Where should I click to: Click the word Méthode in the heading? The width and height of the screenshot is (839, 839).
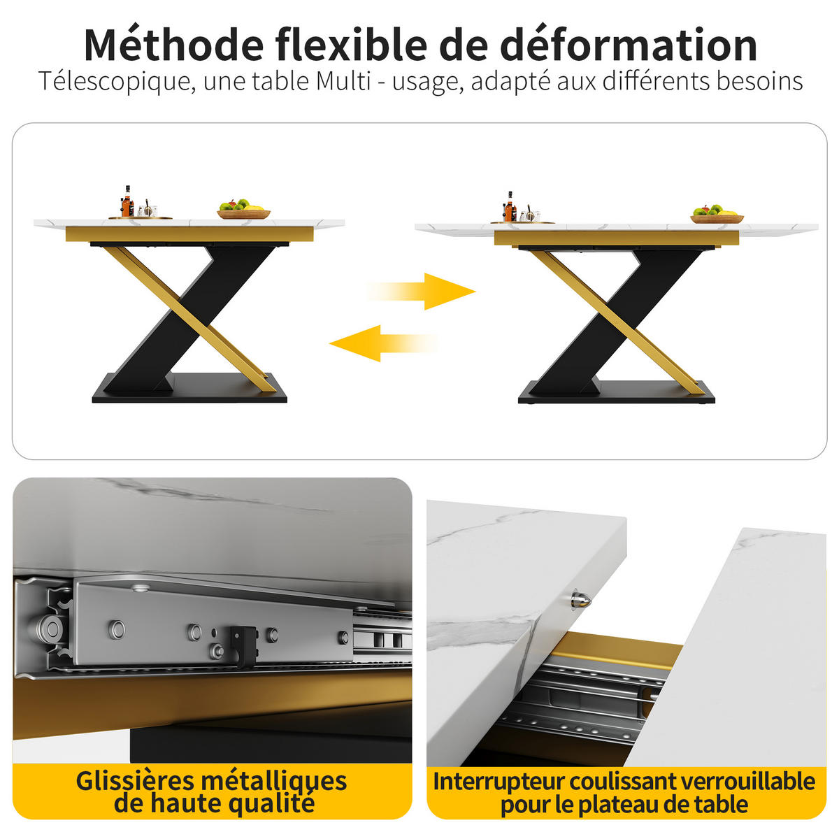[x=173, y=45]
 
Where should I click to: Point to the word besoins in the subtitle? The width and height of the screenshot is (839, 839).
[x=759, y=81]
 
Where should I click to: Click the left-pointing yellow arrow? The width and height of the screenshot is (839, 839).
[x=384, y=343]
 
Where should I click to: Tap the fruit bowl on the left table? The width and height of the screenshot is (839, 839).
[x=244, y=210]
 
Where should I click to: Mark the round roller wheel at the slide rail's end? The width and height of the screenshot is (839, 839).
[x=50, y=629]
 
